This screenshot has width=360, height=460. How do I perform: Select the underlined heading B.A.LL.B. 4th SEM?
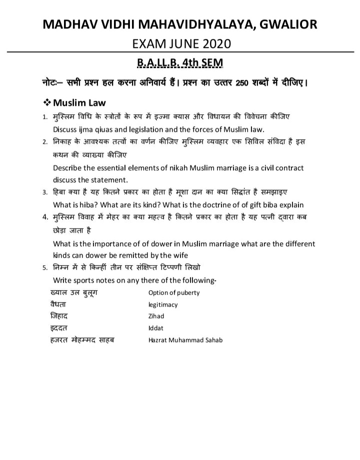click(x=179, y=63)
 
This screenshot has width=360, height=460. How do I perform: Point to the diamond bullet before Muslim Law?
click(x=48, y=103)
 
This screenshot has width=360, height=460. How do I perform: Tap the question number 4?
click(x=45, y=218)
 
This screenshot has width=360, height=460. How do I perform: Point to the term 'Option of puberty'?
click(x=174, y=293)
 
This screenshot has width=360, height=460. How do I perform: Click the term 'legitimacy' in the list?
click(x=163, y=305)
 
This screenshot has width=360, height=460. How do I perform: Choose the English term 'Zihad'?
click(x=156, y=316)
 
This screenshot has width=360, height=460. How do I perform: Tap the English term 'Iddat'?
click(x=156, y=328)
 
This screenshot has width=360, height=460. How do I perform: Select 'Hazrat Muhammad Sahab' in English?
click(x=185, y=340)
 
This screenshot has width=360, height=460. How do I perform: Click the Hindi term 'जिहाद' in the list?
click(x=59, y=316)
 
